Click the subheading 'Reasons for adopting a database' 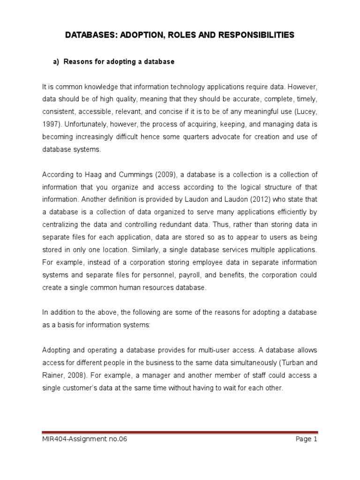(119, 62)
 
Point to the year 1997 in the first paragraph (50, 125)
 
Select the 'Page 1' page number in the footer (307, 439)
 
